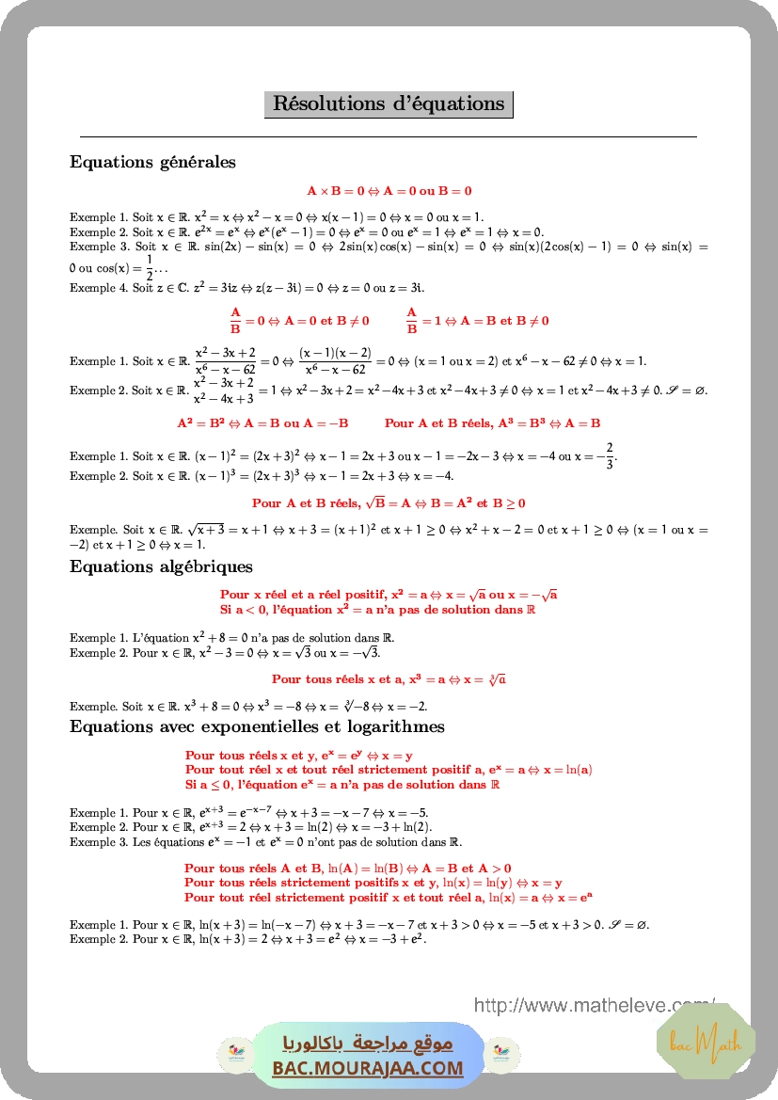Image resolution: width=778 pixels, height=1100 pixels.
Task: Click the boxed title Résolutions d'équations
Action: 389,104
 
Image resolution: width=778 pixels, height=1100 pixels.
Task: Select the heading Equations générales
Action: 152,162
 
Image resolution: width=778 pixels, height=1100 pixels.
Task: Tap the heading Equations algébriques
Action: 161,566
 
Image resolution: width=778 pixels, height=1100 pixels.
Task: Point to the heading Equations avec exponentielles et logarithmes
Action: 257,726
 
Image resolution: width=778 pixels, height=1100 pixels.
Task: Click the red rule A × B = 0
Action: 389,190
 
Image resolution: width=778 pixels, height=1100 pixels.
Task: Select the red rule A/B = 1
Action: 477,321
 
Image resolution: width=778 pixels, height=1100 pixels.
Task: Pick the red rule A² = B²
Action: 262,423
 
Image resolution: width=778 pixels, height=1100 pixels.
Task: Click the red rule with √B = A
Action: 389,503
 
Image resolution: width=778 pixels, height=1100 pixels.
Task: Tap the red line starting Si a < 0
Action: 377,610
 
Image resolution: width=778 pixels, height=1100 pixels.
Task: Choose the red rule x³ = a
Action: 389,678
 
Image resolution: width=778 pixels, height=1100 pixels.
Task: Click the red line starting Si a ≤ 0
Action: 341,784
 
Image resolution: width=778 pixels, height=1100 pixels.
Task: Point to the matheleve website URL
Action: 595,1005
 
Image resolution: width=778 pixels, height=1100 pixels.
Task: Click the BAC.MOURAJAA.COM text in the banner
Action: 368,1068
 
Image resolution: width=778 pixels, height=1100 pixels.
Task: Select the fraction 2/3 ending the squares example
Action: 609,454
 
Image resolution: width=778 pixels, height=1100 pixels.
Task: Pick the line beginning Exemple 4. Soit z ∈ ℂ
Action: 246,288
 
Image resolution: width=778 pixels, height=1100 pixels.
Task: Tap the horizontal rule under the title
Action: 389,137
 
